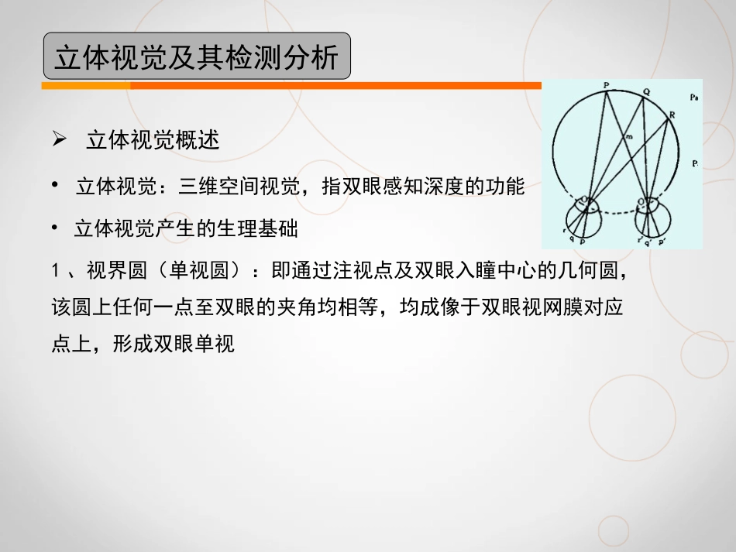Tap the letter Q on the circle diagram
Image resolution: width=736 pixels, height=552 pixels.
(647, 93)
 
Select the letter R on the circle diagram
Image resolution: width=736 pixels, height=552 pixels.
(672, 114)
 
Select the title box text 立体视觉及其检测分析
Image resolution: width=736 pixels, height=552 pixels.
(197, 57)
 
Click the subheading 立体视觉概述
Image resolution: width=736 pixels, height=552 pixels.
(153, 141)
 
